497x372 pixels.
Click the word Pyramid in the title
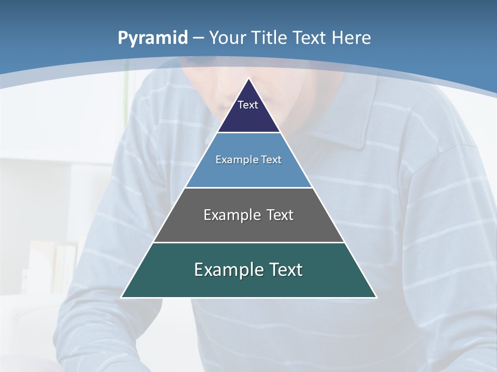point(153,38)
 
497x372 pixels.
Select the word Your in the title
point(228,38)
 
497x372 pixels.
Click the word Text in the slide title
point(310,38)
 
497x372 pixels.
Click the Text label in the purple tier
point(248,105)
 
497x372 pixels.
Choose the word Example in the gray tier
point(231,215)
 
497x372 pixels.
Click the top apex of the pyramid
point(249,79)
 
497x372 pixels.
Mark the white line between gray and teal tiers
point(249,242)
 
